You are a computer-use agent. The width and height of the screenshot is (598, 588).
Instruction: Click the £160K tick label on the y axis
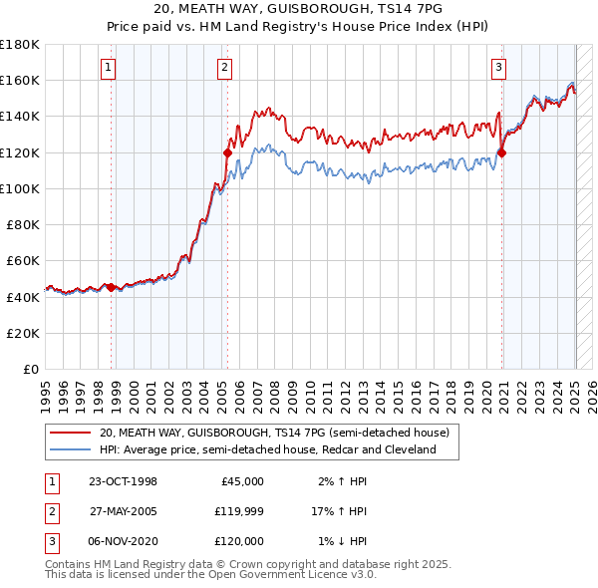(20, 80)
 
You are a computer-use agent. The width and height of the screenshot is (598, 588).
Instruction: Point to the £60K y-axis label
(23, 260)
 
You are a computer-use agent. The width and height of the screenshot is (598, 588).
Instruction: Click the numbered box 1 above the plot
(108, 68)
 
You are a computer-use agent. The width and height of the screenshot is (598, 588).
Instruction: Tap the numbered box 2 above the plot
(225, 68)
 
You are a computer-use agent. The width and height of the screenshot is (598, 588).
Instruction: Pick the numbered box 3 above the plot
(498, 68)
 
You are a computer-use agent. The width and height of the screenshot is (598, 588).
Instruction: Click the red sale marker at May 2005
(227, 152)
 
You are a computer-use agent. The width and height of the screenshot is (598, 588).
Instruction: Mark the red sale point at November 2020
(501, 152)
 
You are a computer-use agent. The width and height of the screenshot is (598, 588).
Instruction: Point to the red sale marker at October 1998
(111, 287)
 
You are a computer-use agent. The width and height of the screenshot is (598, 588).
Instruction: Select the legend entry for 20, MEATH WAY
(274, 433)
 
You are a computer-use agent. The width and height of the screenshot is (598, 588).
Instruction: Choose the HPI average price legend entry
(267, 449)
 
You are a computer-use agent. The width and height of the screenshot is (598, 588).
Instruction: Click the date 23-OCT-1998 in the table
(123, 481)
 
